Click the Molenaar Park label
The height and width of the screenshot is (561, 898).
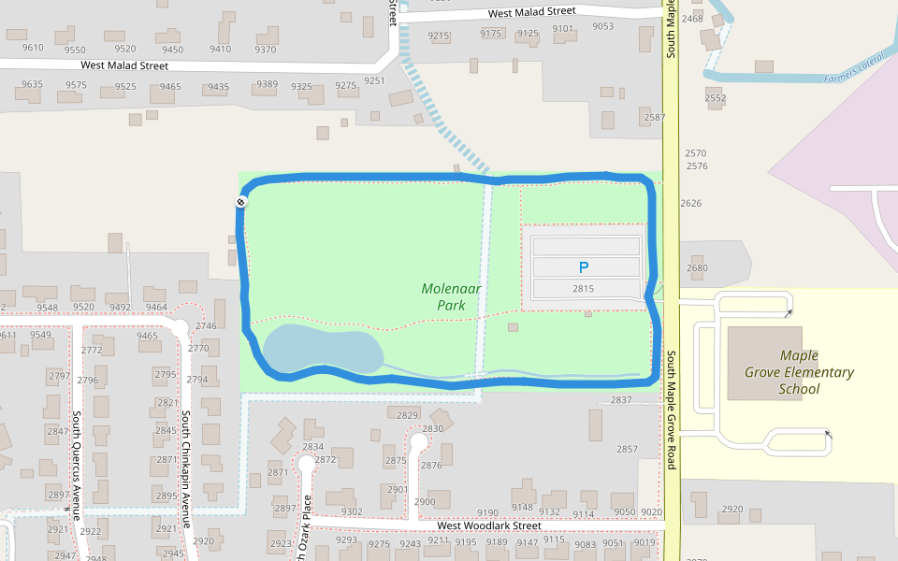pos(451,296)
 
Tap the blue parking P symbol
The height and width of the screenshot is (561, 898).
pos(584,266)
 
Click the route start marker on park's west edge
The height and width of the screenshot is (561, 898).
pos(240,202)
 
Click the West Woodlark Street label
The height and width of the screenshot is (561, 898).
pos(488,525)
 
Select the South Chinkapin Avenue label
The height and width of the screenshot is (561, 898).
pos(185,467)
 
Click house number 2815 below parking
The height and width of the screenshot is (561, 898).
pos(584,289)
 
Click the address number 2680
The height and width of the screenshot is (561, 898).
pos(697,268)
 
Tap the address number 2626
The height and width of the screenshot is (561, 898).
pos(690,203)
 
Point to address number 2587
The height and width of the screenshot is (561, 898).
pos(655,117)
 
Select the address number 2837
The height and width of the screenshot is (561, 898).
pos(621,399)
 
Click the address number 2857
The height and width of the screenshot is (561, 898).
pos(627,449)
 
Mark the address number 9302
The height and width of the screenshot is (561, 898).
pos(352,511)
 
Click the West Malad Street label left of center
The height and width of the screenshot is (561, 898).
pos(124,65)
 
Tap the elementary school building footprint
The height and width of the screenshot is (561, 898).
pos(765,363)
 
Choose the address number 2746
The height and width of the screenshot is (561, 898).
pos(206,325)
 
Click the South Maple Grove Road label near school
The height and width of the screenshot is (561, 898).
pos(671,410)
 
